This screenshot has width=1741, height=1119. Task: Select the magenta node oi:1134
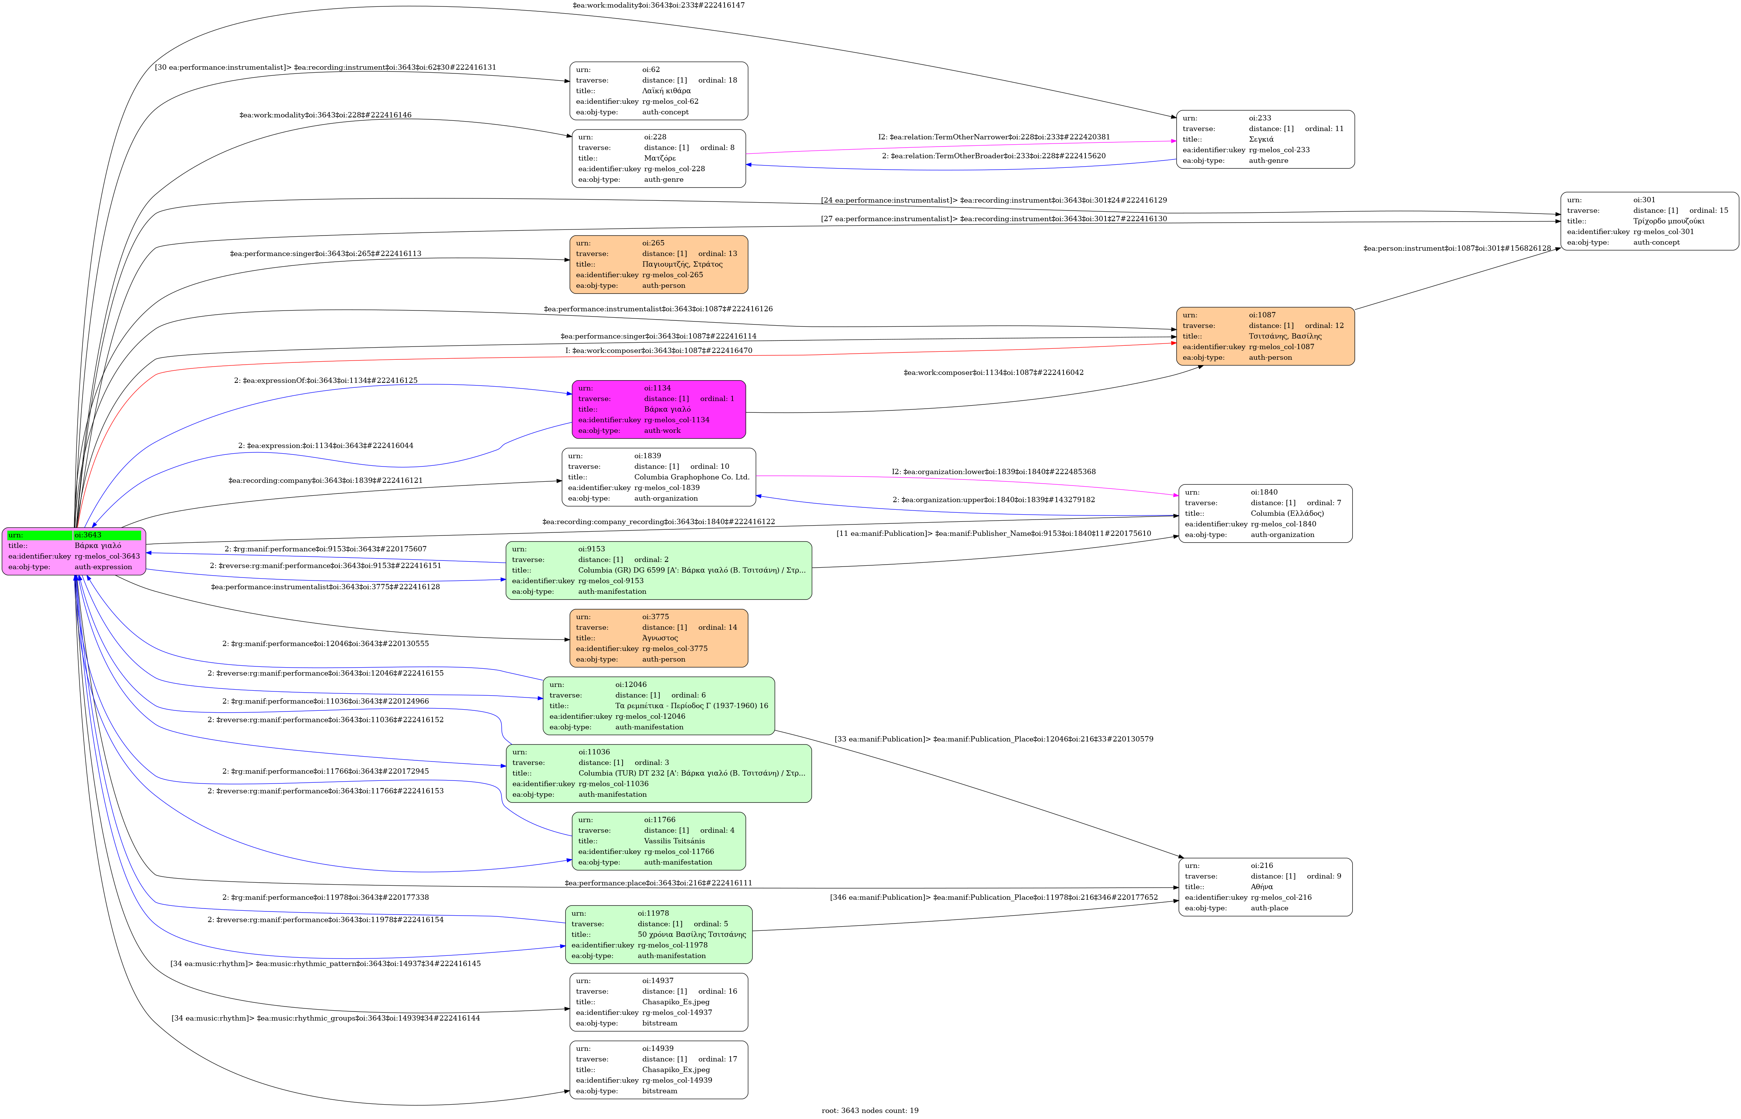tap(658, 409)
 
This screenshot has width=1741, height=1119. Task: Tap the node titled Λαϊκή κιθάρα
tap(658, 91)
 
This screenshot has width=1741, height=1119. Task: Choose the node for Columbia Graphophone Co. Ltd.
tap(658, 477)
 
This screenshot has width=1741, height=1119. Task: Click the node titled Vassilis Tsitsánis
tap(658, 841)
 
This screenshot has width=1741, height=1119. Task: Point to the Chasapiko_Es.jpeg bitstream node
tap(658, 1002)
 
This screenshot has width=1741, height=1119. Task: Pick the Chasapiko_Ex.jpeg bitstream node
tap(658, 1070)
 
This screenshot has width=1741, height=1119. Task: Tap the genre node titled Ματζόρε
tap(658, 158)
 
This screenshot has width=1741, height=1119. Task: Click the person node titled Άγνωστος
tap(658, 638)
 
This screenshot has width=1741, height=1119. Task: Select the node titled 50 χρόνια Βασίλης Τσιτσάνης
tap(658, 935)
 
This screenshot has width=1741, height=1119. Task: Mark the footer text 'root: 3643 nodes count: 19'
tap(870, 1110)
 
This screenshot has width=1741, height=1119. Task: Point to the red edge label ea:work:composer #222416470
tap(658, 350)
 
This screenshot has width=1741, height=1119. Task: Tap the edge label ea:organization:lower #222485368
tap(993, 471)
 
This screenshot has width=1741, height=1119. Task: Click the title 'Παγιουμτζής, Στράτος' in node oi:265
tap(682, 264)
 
